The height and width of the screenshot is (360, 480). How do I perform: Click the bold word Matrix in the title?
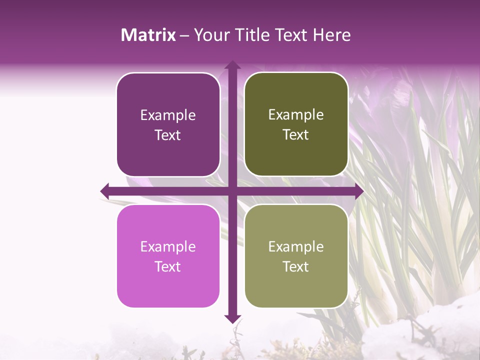point(148,35)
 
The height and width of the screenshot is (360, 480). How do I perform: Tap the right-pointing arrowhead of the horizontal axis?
point(359,191)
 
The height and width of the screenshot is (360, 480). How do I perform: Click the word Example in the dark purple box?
point(168,115)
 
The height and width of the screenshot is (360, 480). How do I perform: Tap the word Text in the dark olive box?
point(296,135)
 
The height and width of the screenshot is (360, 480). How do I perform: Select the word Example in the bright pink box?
point(168,247)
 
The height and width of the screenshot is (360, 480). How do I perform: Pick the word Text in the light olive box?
point(296,266)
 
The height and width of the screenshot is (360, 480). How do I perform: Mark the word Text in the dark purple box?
point(168,135)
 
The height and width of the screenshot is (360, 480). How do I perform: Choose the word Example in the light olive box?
point(296,247)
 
